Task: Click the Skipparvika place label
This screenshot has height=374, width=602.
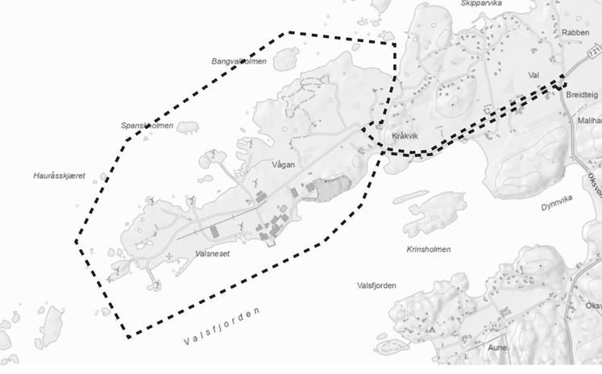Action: [482, 3]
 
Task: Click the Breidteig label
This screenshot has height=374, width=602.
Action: [582, 94]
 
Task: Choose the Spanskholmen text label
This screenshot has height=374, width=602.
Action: [147, 126]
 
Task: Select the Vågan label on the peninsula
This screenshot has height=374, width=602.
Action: [284, 164]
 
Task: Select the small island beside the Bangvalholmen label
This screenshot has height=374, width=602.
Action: [284, 58]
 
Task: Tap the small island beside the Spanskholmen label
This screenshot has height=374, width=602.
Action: [187, 127]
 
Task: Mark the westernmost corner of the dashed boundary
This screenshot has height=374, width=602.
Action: [77, 241]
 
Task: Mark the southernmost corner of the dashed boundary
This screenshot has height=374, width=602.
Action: [127, 336]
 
